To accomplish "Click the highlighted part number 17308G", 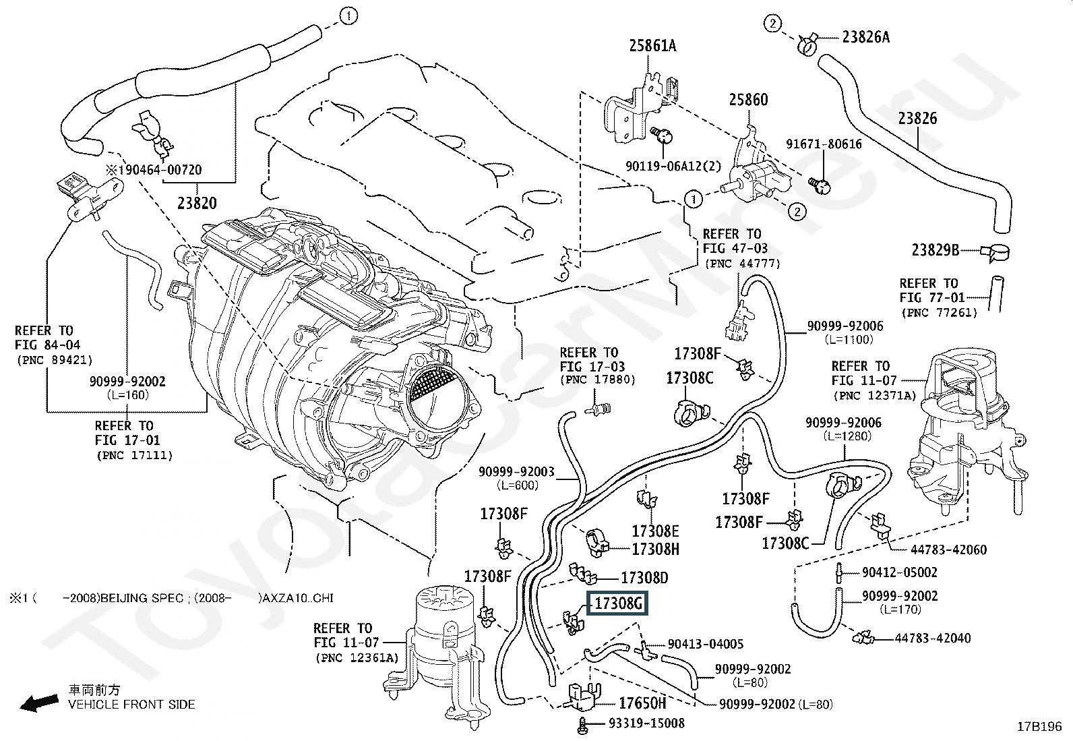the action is click(x=617, y=603).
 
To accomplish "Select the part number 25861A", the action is click(x=652, y=46).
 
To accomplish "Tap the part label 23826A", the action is click(x=865, y=37).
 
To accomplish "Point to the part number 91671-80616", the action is click(x=824, y=144).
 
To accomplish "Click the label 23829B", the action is click(x=935, y=250).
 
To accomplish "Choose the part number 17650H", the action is click(x=642, y=703).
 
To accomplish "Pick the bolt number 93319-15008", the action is click(x=646, y=723).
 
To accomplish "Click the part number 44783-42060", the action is click(x=948, y=550).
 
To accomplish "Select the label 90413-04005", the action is click(x=706, y=644).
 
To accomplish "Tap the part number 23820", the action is click(x=197, y=203).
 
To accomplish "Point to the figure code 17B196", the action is click(x=1039, y=727).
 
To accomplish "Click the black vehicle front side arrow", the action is click(x=40, y=702).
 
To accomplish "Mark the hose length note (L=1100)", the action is click(x=849, y=340).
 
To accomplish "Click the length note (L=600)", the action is click(x=518, y=485).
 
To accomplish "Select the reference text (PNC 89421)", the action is click(x=55, y=360).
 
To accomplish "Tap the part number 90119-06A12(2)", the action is click(x=673, y=166).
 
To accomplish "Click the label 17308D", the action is click(x=644, y=578).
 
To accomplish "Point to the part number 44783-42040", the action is click(x=933, y=639).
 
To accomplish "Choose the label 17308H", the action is click(x=655, y=549).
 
